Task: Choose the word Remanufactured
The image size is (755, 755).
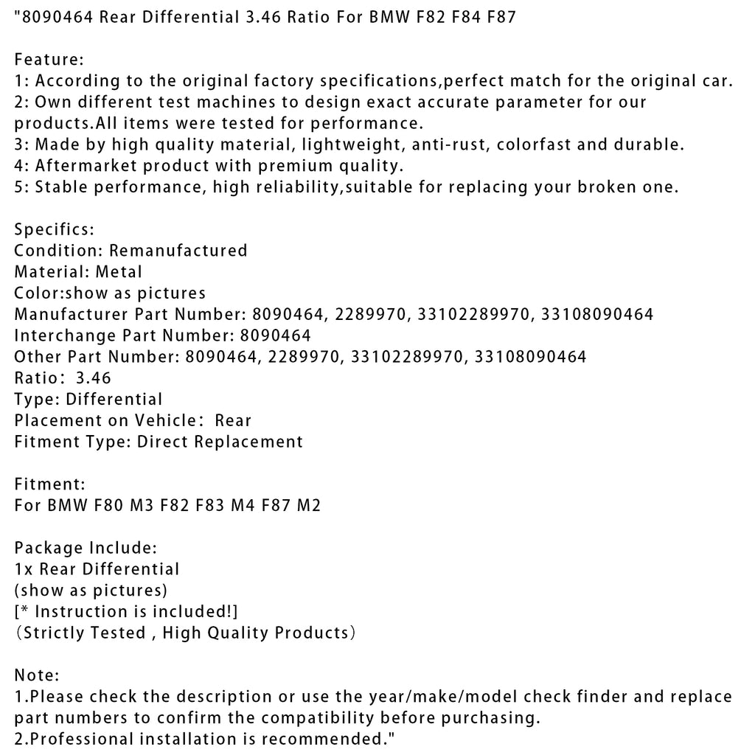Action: [x=178, y=251]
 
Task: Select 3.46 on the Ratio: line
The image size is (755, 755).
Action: [x=93, y=378]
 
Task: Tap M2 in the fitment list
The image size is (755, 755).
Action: [x=307, y=507]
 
